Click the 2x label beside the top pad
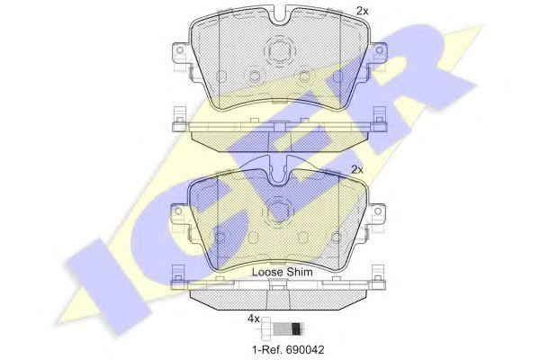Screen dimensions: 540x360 point(363,11)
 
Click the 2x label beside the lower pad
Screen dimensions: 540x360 point(357,169)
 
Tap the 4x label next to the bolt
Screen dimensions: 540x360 point(254,319)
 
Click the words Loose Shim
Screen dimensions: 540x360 point(283,272)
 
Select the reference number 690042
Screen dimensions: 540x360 point(304,350)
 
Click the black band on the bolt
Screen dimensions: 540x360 point(295,329)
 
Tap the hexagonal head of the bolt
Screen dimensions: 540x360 point(267,328)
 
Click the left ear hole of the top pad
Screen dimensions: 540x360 point(179,50)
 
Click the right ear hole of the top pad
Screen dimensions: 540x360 point(379,50)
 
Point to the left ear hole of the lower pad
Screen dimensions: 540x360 point(178,211)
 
